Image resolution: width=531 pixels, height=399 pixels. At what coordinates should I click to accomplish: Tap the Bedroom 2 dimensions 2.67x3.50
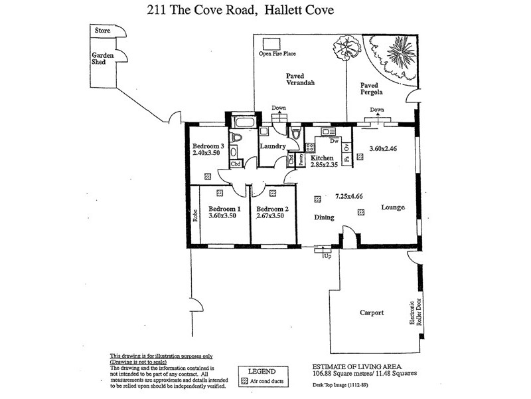(x=271, y=215)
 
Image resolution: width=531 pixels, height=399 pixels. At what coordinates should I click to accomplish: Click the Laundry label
(x=272, y=146)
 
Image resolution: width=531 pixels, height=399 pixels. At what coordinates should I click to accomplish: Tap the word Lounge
(x=393, y=207)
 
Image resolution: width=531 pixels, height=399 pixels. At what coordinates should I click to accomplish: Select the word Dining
(x=324, y=217)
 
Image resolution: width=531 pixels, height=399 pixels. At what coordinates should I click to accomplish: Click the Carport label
(x=372, y=312)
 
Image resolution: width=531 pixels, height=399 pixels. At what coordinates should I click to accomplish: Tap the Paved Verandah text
(x=299, y=80)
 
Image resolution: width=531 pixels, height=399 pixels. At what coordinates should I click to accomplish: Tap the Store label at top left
(x=102, y=30)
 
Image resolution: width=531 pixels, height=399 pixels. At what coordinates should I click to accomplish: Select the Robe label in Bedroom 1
(x=195, y=215)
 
